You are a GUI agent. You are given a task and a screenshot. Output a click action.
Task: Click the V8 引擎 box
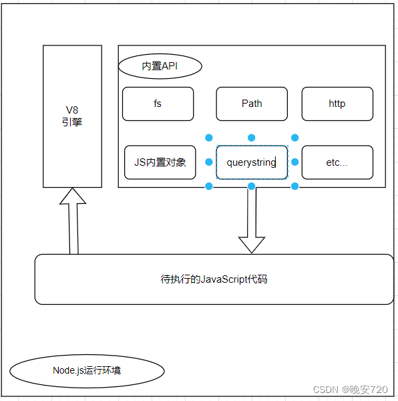coord(73,116)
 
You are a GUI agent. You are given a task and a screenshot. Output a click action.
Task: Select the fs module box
coord(158,104)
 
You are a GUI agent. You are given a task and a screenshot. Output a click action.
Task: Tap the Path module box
coord(252,104)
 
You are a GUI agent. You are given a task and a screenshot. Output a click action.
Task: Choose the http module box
coord(337,104)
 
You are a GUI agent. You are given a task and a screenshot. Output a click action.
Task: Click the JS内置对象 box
coord(160,162)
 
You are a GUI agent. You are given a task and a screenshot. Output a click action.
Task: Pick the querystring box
coord(252,162)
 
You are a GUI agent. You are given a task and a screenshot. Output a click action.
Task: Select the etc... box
coord(337,162)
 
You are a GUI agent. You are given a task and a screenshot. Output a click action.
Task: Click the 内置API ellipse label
coord(160,66)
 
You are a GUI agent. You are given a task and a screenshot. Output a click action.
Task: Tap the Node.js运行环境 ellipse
coord(87,370)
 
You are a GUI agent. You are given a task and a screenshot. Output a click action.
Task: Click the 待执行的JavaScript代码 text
coord(214,279)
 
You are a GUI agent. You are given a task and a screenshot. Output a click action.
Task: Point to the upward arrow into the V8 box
coord(73,221)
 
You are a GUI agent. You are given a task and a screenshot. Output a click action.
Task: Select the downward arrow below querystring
coord(252,221)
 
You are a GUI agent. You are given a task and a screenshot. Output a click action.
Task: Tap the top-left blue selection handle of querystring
coord(209,138)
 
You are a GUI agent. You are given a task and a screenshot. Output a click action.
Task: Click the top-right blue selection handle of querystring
coord(294,138)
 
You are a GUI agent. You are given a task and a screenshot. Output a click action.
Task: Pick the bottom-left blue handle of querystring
coord(209,186)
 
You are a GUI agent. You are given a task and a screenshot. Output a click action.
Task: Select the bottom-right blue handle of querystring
coord(294,186)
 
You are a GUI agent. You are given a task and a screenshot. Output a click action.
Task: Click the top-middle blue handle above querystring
coord(252,138)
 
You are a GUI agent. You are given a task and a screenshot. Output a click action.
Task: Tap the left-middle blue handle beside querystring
coord(209,162)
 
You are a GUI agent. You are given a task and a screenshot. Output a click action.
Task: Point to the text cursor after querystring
coord(277,162)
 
